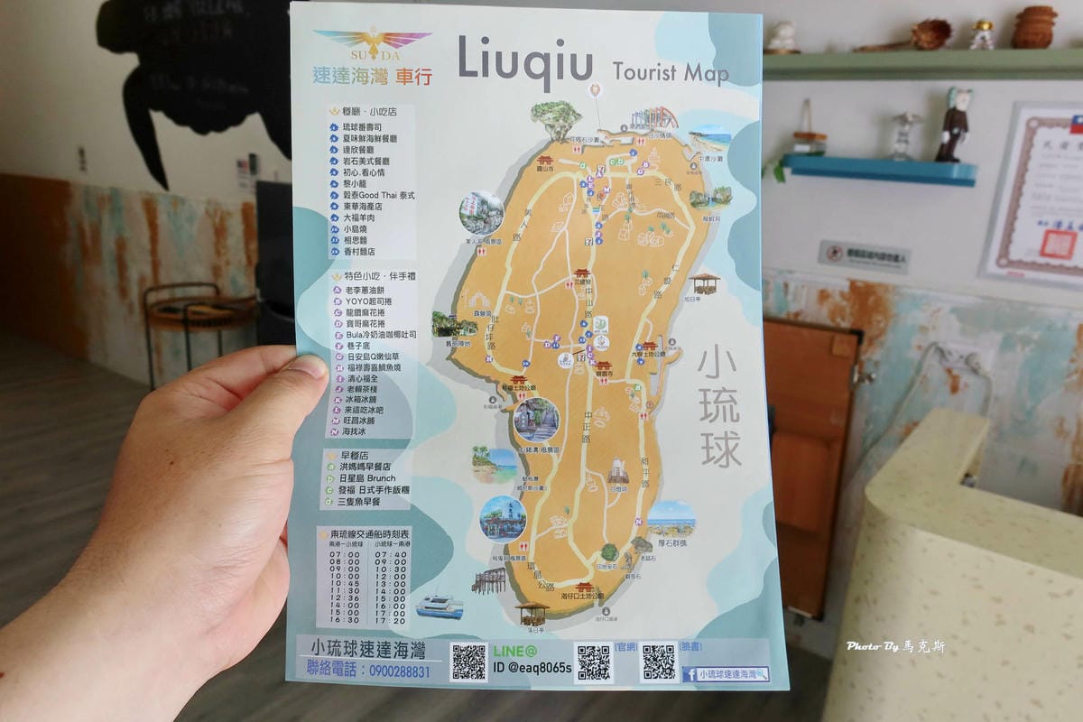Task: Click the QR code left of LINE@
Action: point(468,662)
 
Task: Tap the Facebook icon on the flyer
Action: point(690,673)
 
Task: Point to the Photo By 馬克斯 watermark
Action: point(895,646)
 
